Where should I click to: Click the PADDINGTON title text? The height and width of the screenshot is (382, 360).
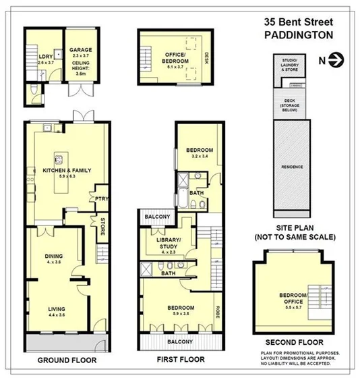(297, 34)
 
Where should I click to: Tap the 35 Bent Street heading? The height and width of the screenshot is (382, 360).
(297, 22)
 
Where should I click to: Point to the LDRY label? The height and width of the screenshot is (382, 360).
(44, 56)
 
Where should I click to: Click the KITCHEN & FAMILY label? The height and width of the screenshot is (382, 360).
(66, 170)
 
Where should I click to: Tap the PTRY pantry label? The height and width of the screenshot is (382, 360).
(102, 198)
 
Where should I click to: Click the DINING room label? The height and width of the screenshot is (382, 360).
(53, 256)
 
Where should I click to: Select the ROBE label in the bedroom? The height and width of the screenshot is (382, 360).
(218, 313)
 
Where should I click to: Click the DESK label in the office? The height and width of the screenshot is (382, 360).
(207, 57)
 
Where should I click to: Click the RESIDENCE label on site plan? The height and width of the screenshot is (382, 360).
(292, 167)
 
